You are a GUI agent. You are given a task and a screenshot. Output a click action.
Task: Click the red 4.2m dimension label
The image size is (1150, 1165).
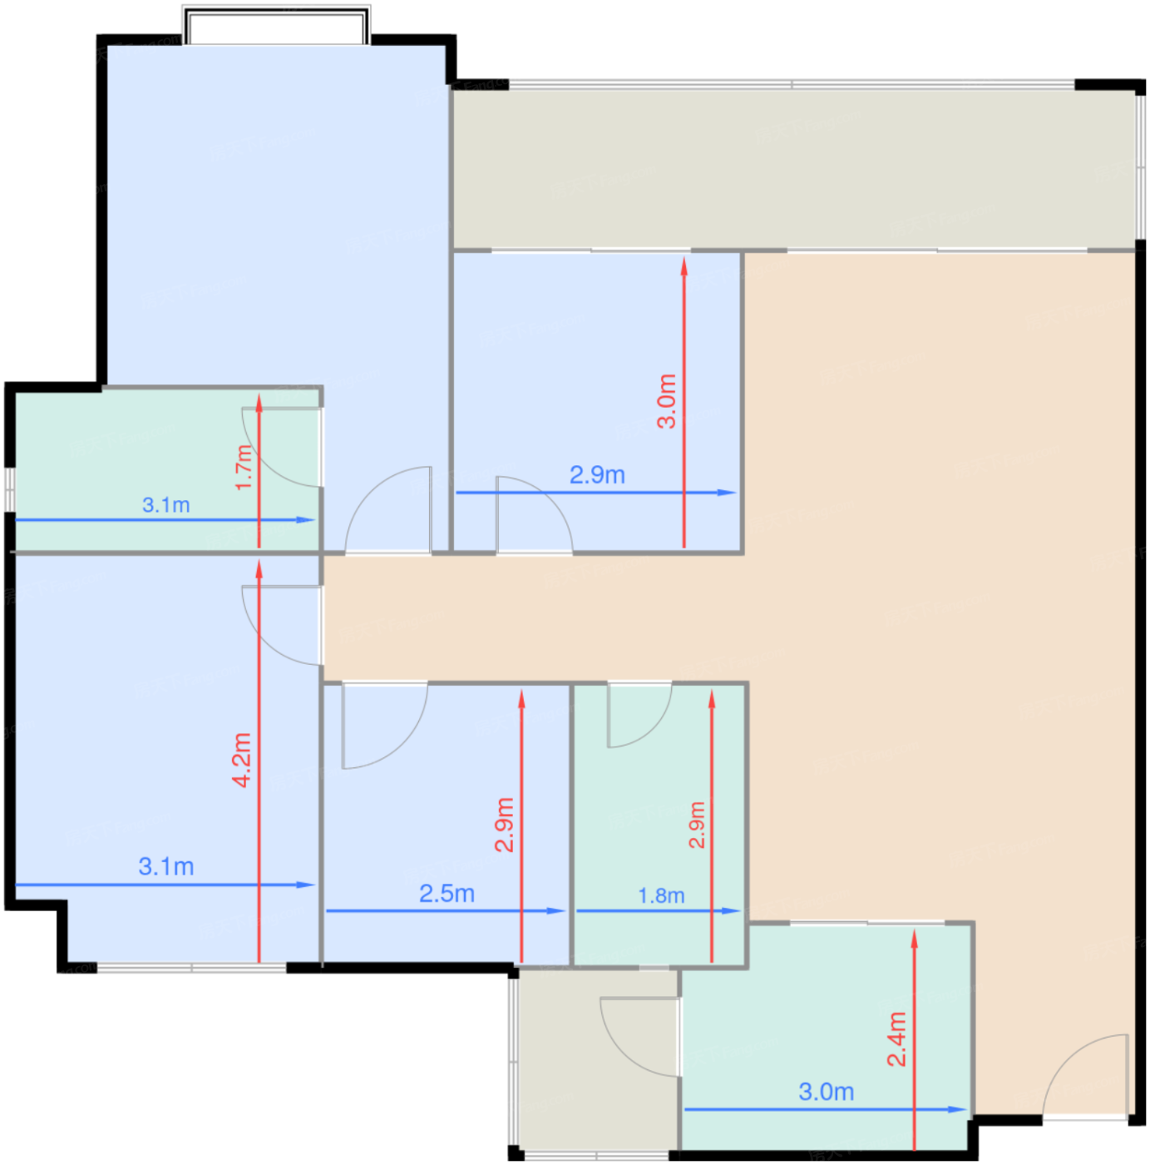(242, 760)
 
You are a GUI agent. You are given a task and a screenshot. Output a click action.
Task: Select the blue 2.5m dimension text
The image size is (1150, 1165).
(447, 894)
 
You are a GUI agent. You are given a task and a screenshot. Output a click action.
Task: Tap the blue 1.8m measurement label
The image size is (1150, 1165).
(661, 895)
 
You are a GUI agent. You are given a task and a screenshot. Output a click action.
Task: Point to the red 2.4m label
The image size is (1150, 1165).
(896, 1039)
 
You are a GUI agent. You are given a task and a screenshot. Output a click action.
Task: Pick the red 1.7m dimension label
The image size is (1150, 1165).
(243, 468)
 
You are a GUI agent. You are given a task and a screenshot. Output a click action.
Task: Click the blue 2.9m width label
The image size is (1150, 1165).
(597, 475)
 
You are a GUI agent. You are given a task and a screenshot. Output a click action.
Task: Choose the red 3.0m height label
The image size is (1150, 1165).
(667, 401)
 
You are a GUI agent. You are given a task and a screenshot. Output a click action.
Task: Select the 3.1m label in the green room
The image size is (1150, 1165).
(165, 505)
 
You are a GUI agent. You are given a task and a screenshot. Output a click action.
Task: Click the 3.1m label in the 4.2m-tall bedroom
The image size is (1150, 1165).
(165, 866)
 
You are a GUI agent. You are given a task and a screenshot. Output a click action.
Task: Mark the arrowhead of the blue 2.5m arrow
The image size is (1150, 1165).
(564, 910)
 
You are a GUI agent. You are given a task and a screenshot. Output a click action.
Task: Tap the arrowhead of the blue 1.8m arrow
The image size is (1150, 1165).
(739, 910)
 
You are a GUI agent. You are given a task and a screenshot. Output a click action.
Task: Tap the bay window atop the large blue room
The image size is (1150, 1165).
(277, 26)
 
